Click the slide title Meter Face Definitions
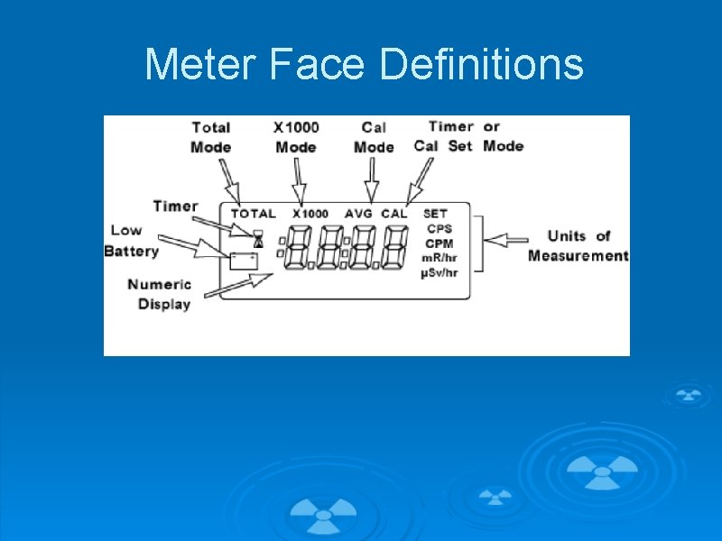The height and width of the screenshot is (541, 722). (x=364, y=65)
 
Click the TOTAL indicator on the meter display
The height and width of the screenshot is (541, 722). (x=254, y=214)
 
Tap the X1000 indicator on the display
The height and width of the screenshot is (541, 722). (x=310, y=214)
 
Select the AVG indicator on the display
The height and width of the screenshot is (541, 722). (x=359, y=214)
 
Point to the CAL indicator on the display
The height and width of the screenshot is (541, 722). (x=394, y=214)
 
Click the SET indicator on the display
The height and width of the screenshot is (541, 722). (x=435, y=214)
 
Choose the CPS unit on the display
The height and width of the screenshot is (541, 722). (x=440, y=229)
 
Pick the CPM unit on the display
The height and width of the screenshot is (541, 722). (x=440, y=243)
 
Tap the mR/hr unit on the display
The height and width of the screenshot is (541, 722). (x=440, y=258)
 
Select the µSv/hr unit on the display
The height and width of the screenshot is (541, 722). (x=440, y=272)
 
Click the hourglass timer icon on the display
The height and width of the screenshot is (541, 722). (x=258, y=238)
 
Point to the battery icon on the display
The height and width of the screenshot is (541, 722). (x=244, y=261)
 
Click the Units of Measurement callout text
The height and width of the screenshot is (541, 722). (x=578, y=246)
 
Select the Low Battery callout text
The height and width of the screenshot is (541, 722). (x=132, y=241)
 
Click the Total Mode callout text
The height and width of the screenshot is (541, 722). (x=210, y=137)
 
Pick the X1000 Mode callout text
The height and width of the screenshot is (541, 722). (x=296, y=137)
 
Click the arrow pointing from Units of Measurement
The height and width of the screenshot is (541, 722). (x=506, y=240)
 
